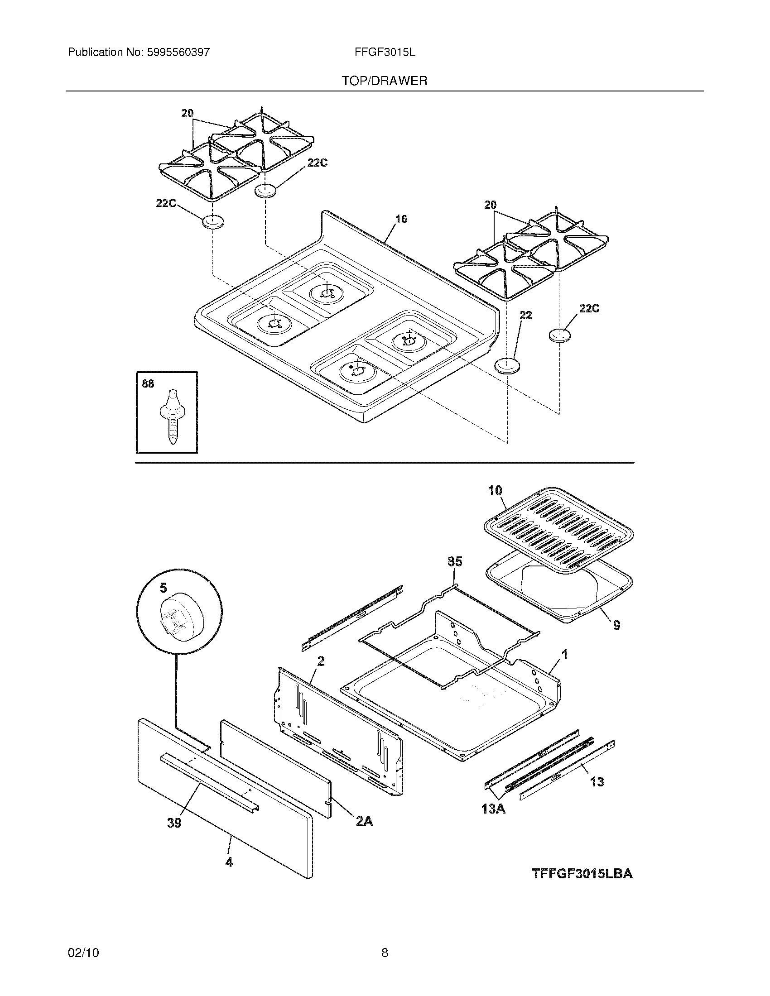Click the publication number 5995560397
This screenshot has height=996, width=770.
pos(178,52)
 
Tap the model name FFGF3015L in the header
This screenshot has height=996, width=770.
pos(385,52)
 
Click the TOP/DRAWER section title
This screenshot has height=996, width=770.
pos(385,81)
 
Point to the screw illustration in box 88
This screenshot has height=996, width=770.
pos(172,416)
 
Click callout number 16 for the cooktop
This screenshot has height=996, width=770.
pos(401,220)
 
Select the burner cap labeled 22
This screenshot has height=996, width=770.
pos(507,366)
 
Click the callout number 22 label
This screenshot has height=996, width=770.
pos(525,315)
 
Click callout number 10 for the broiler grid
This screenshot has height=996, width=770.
pos(495,491)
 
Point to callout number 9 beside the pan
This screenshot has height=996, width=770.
pos(616,625)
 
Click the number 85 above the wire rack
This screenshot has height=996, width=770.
pos(455,561)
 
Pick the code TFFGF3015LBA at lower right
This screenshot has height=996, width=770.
pos(582,874)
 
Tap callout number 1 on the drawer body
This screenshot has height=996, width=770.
pos(564,655)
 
